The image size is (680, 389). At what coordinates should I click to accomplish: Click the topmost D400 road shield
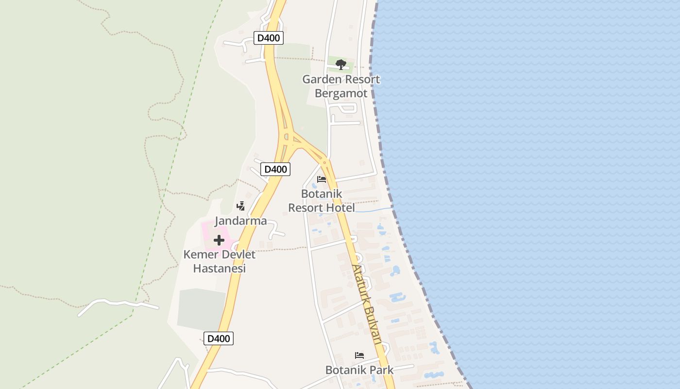point(269,38)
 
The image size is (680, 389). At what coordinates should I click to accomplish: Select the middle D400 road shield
point(275,169)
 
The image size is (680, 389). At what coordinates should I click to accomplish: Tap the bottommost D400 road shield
point(219,338)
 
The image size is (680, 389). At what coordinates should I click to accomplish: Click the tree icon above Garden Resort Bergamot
point(341,64)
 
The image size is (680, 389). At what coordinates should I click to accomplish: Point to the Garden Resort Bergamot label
point(341,86)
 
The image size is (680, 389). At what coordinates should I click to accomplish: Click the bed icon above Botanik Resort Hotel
point(322,179)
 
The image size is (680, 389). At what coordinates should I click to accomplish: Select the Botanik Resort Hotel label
point(322,201)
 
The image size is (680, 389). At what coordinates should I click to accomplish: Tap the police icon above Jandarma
point(240,206)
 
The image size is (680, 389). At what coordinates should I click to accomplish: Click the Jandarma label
point(241,221)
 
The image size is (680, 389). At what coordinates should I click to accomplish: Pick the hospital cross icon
point(219,240)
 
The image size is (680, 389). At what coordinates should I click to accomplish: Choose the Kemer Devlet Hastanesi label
point(220,261)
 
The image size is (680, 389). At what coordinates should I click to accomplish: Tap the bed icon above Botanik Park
point(359,355)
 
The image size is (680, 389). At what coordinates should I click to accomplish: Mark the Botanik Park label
point(359,370)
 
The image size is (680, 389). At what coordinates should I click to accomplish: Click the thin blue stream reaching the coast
point(374,210)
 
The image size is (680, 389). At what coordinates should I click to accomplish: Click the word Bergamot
point(341,93)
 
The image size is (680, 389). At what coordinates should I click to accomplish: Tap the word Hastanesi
point(220,268)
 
